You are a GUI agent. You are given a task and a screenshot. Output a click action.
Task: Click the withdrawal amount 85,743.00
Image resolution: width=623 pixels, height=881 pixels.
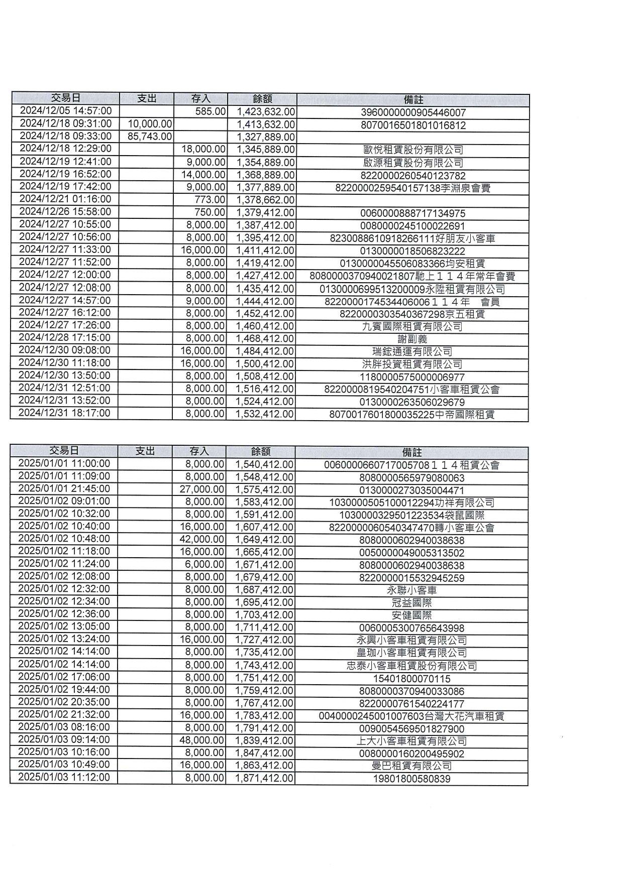(150, 137)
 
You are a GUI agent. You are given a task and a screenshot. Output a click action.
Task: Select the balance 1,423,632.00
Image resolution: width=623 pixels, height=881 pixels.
(265, 111)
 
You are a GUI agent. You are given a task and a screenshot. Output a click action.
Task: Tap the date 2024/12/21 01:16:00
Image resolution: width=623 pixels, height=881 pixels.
(65, 199)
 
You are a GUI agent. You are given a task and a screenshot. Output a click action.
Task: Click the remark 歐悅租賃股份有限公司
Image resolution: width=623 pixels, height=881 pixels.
(412, 150)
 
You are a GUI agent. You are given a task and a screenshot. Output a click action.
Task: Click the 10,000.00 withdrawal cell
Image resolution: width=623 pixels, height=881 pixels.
(150, 124)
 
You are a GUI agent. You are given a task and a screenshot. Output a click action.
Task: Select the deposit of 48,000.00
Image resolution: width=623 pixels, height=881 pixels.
(202, 740)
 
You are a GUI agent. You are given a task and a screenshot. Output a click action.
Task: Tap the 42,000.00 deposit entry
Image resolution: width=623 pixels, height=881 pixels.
(202, 539)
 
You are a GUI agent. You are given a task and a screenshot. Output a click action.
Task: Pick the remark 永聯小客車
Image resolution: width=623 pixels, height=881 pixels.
(411, 590)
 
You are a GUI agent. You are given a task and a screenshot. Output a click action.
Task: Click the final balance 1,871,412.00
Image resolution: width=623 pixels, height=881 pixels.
(264, 778)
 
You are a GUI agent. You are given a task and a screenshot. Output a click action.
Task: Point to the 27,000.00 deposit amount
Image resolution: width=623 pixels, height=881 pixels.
(202, 489)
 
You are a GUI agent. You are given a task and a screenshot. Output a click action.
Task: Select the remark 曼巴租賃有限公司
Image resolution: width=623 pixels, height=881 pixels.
(411, 766)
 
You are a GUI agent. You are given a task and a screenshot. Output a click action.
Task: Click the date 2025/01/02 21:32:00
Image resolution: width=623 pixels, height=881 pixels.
(64, 714)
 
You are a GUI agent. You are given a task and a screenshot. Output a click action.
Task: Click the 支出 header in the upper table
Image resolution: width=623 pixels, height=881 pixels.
(147, 98)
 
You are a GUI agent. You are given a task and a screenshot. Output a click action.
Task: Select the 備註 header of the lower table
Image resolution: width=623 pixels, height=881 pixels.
(411, 452)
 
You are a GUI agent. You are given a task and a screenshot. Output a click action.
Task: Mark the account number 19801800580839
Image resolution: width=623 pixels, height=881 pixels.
(411, 779)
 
